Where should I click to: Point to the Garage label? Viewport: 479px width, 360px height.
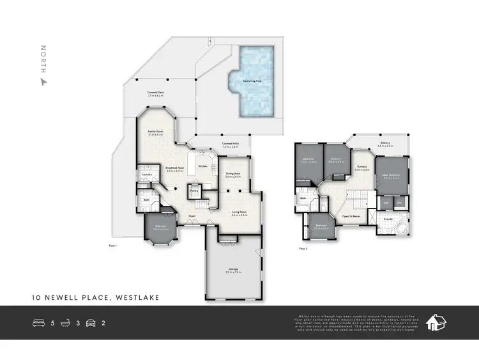click(x=233, y=269)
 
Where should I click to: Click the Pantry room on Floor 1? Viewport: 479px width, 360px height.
click(x=194, y=190)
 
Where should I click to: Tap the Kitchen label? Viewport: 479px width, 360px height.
click(x=202, y=166)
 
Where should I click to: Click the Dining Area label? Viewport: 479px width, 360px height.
click(x=233, y=173)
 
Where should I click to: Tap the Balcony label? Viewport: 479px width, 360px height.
click(x=384, y=143)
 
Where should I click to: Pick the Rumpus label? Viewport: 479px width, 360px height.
click(x=362, y=167)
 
